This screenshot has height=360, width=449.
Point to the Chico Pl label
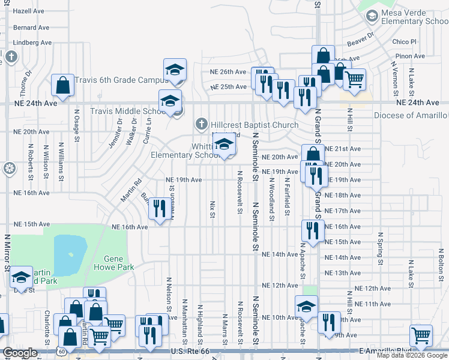[x=404, y=41]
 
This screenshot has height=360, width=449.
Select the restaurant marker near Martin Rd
[x=157, y=209]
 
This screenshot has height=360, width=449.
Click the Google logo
[x=20, y=353]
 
